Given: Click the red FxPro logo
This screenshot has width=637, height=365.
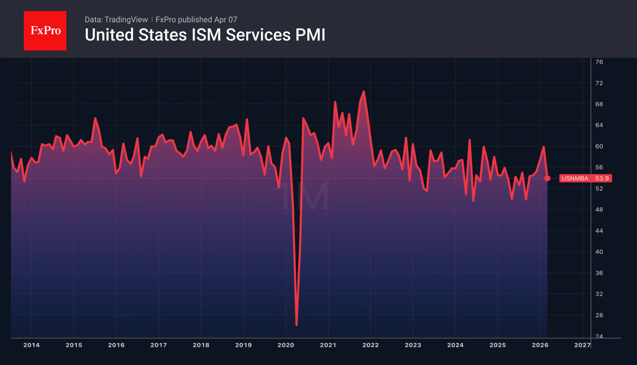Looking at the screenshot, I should pyautogui.click(x=45, y=31).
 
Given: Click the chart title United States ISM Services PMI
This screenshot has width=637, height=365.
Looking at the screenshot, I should pyautogui.click(x=205, y=35).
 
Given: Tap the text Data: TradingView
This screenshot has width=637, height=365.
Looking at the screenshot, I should pyautogui.click(x=116, y=19).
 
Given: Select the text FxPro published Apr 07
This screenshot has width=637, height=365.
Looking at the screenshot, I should pyautogui.click(x=196, y=19).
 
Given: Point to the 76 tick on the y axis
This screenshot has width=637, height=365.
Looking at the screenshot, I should pyautogui.click(x=599, y=62).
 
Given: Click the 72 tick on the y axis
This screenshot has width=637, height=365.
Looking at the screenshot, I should pyautogui.click(x=599, y=83).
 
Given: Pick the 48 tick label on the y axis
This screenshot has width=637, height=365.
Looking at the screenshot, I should pyautogui.click(x=599, y=209).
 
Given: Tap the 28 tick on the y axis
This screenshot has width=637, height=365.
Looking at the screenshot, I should pyautogui.click(x=599, y=315).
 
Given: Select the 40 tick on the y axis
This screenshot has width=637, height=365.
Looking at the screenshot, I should pyautogui.click(x=599, y=252).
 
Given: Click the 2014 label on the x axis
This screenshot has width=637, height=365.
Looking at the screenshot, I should pyautogui.click(x=31, y=345).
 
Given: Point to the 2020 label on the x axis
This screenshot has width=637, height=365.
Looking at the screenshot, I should pyautogui.click(x=286, y=345).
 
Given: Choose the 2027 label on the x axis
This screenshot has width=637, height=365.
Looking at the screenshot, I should pyautogui.click(x=582, y=345).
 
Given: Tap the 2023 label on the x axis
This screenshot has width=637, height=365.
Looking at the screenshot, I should pyautogui.click(x=413, y=345).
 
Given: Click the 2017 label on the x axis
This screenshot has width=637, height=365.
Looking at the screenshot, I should pyautogui.click(x=159, y=345).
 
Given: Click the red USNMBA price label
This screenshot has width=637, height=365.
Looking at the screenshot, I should pyautogui.click(x=575, y=178).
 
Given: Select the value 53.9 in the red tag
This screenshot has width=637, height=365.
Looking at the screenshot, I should pyautogui.click(x=602, y=178).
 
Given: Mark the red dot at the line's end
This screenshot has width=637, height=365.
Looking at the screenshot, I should pyautogui.click(x=547, y=178).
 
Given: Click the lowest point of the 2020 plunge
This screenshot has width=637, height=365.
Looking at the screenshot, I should pyautogui.click(x=296, y=325).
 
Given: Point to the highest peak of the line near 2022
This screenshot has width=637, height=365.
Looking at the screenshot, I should pyautogui.click(x=364, y=91).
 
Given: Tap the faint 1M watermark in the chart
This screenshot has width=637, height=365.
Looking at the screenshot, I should pyautogui.click(x=305, y=196).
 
